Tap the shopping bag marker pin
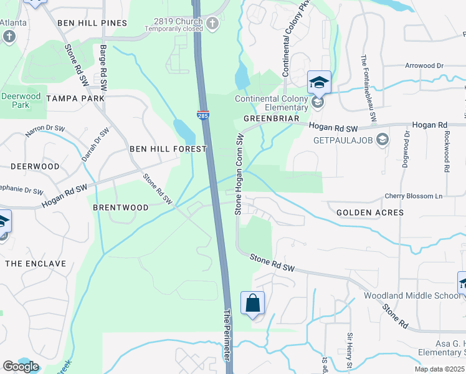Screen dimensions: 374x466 252,304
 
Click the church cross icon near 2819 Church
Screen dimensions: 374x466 212,25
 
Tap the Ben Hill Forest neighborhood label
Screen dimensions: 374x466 168,150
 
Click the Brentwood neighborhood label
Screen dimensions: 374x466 121,208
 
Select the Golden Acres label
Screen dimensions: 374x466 369,213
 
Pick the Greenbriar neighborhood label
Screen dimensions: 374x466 268,118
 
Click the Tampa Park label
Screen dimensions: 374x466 75,99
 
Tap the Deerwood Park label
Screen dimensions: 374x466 21,100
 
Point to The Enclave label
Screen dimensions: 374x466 36,264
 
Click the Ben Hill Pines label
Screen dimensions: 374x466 92,23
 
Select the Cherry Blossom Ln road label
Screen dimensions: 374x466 413,196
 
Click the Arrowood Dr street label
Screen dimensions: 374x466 424,65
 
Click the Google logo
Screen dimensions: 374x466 21,367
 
